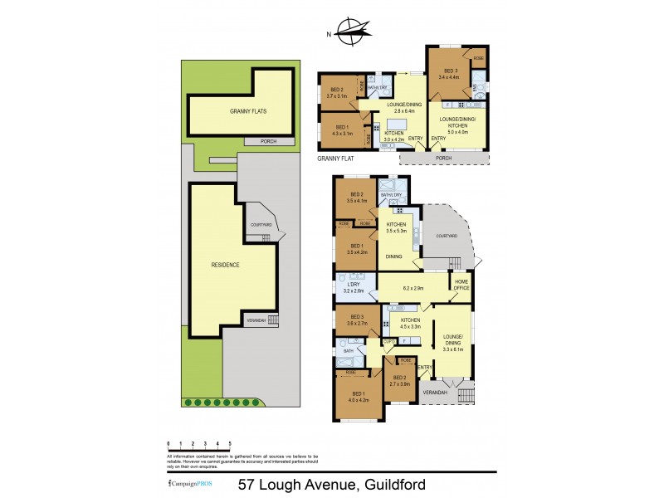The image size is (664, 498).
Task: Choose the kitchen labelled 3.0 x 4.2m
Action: [393, 136]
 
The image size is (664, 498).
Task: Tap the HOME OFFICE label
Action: [461, 286]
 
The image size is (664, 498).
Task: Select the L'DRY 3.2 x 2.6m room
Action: [354, 289]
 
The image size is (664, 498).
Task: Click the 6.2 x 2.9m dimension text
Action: [413, 288]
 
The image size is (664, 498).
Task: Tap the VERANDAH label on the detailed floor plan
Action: [435, 392]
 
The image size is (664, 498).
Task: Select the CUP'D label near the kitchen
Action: [388, 341]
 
